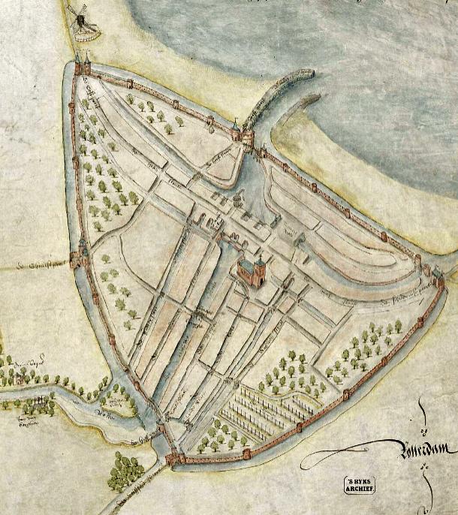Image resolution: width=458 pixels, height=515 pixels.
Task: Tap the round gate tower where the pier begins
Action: tap(248, 135)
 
